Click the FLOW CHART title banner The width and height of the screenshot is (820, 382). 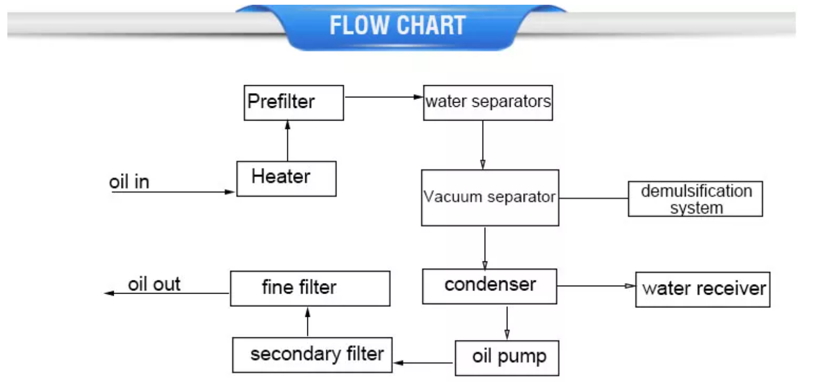click(398, 26)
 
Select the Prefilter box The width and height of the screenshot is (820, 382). click(294, 102)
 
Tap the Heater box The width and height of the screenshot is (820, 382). click(286, 178)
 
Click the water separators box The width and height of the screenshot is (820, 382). click(488, 102)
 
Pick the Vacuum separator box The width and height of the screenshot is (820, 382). click(489, 198)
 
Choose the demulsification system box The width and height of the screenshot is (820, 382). click(695, 199)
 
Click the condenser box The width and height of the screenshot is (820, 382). click(489, 286)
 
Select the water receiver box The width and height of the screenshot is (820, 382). click(702, 289)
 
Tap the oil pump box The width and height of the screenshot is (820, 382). click(506, 358)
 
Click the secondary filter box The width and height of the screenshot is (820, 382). click(312, 355)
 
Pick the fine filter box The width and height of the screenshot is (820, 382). click(310, 288)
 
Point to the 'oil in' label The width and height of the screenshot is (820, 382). click(129, 182)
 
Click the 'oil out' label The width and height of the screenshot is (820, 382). click(154, 285)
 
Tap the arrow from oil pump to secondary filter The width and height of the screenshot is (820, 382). click(424, 363)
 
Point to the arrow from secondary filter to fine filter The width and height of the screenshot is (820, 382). click(307, 321)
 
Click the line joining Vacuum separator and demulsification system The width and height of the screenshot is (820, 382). click(593, 198)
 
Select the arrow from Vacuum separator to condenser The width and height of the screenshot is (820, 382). click(485, 247)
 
